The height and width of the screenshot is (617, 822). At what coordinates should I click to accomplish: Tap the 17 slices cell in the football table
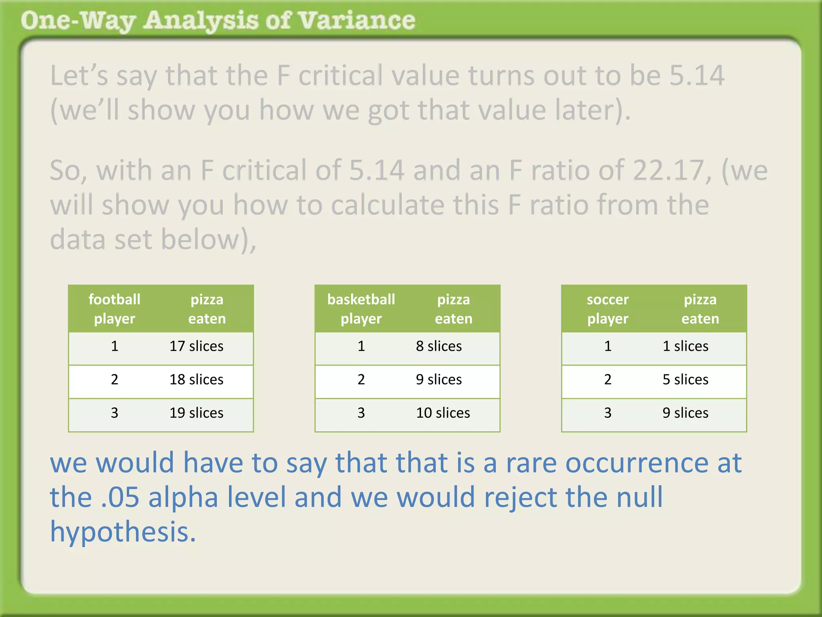[196, 346]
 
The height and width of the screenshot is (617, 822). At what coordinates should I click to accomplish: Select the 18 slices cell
[196, 380]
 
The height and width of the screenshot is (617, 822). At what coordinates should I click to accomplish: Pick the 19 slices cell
[196, 413]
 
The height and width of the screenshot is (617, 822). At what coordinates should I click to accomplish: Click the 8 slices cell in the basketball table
[439, 346]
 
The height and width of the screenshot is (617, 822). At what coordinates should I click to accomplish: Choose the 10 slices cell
[443, 413]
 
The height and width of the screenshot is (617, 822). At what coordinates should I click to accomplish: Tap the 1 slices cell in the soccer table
[685, 346]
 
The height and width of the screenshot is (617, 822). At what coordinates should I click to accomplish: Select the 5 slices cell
[685, 380]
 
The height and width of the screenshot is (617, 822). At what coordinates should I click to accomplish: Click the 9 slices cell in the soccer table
[685, 413]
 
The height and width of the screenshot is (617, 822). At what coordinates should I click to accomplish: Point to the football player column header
[114, 309]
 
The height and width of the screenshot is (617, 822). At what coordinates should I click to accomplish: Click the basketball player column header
[361, 309]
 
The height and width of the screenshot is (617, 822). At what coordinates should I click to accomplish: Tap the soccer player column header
[608, 309]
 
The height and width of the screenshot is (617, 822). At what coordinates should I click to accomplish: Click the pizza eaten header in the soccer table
[700, 309]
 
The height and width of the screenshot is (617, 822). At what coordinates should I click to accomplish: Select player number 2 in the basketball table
[361, 380]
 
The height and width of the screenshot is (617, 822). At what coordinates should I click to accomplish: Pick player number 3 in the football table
[114, 413]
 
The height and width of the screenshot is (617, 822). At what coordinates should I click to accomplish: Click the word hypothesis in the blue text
[122, 532]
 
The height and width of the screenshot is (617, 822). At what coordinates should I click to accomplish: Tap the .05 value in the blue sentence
[120, 497]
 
